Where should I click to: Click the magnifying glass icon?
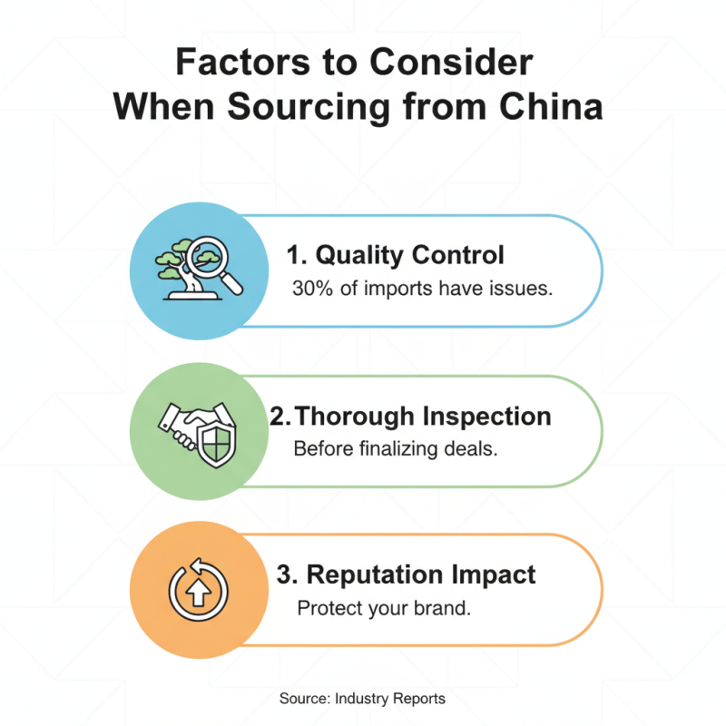pos(219,264)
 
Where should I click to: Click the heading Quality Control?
pos(397,254)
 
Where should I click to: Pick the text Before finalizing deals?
pos(395,449)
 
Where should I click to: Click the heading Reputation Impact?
pos(406,574)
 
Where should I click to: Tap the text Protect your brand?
pos(384,608)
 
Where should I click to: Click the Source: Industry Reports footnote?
pos(362,699)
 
